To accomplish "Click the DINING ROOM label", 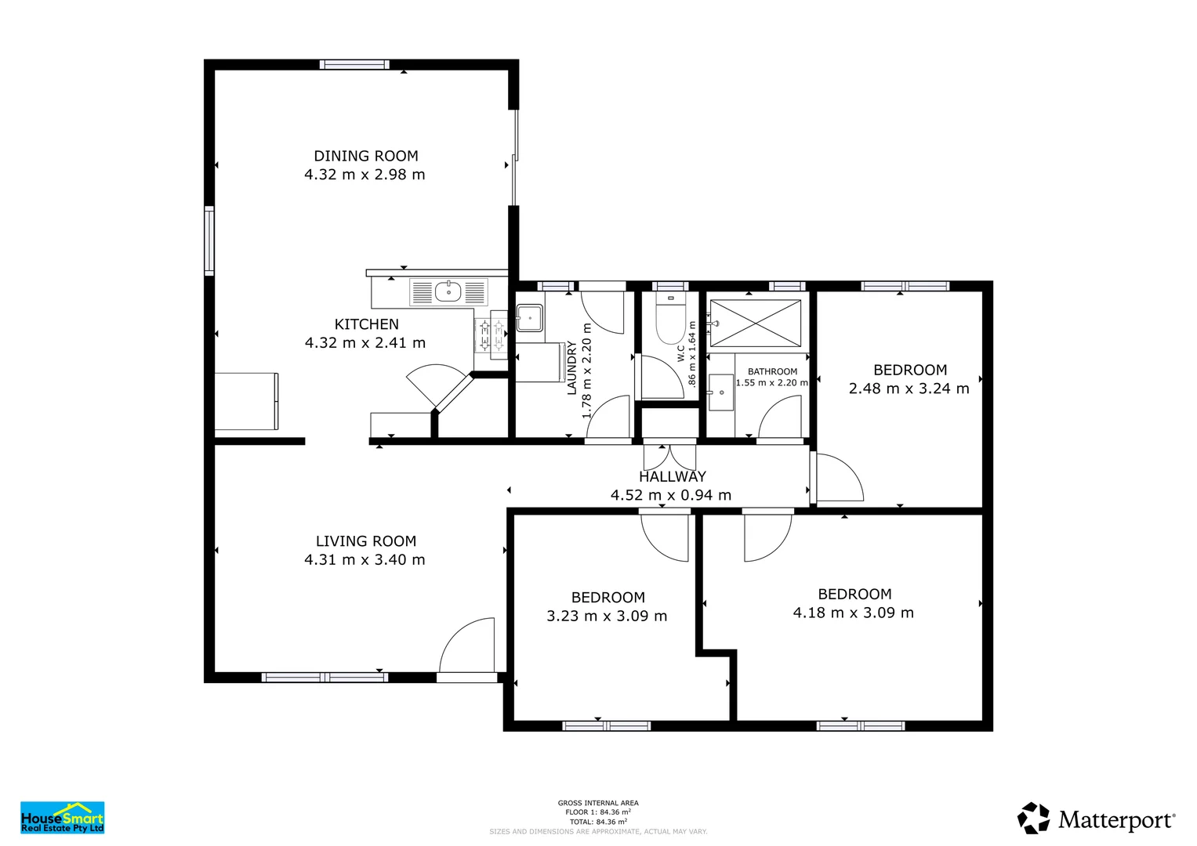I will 366,156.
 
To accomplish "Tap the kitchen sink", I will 448,292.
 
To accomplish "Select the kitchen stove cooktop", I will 491,336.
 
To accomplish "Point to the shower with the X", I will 755,323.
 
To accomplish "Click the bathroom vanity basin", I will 720,392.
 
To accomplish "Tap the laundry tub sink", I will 530,318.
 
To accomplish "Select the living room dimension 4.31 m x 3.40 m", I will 365,559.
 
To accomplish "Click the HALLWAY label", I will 672,476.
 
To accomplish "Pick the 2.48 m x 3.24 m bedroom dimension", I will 909,389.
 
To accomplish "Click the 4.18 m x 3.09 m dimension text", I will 853,613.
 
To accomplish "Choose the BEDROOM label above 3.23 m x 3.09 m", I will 608,598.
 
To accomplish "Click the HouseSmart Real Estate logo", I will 62,817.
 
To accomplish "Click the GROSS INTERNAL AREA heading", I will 598,803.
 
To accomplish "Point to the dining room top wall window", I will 354,65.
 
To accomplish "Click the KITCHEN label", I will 366,324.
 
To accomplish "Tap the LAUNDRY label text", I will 571,367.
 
